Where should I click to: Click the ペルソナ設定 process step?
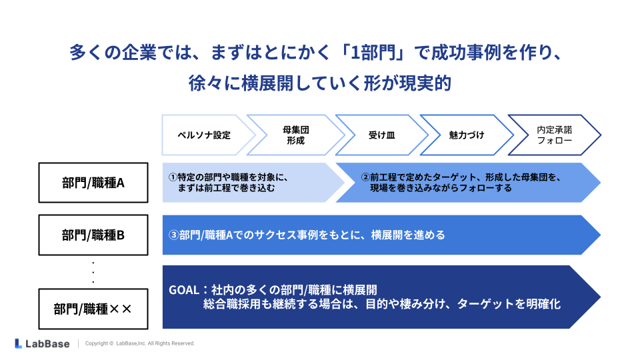pos(203,135)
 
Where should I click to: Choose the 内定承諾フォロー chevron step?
pos(554,135)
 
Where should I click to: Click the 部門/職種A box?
pos(93,181)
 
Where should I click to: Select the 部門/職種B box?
pos(93,235)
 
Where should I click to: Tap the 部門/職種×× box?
pos(93,309)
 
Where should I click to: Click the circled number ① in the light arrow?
pos(173,177)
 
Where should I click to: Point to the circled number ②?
pos(365,177)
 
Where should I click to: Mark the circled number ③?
pos(173,235)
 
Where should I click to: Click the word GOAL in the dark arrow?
pos(184,291)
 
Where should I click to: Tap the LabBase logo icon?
pos(19,343)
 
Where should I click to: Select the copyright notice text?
pos(140,343)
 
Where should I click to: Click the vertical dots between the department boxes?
pos(93,272)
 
